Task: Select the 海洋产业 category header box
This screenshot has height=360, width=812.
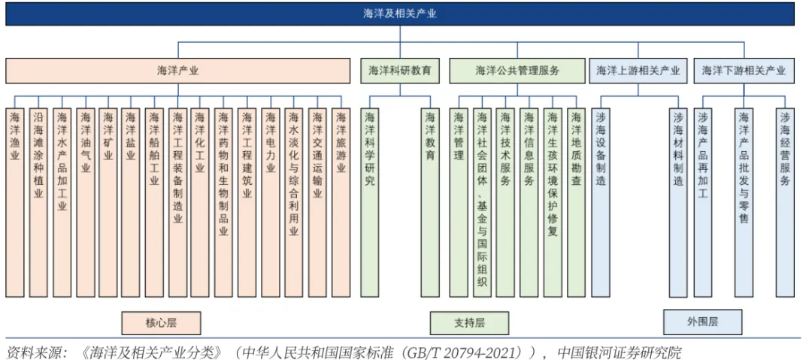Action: pos(178,71)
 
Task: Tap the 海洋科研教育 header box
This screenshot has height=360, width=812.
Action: pos(399,71)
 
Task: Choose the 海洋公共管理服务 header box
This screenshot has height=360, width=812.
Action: pos(517,71)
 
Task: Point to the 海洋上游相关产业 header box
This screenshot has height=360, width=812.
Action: pos(638,71)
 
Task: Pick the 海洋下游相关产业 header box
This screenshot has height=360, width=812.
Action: pos(744,71)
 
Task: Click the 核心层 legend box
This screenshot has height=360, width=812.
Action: pos(162,322)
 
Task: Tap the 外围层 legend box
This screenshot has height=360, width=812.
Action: pos(702,321)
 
